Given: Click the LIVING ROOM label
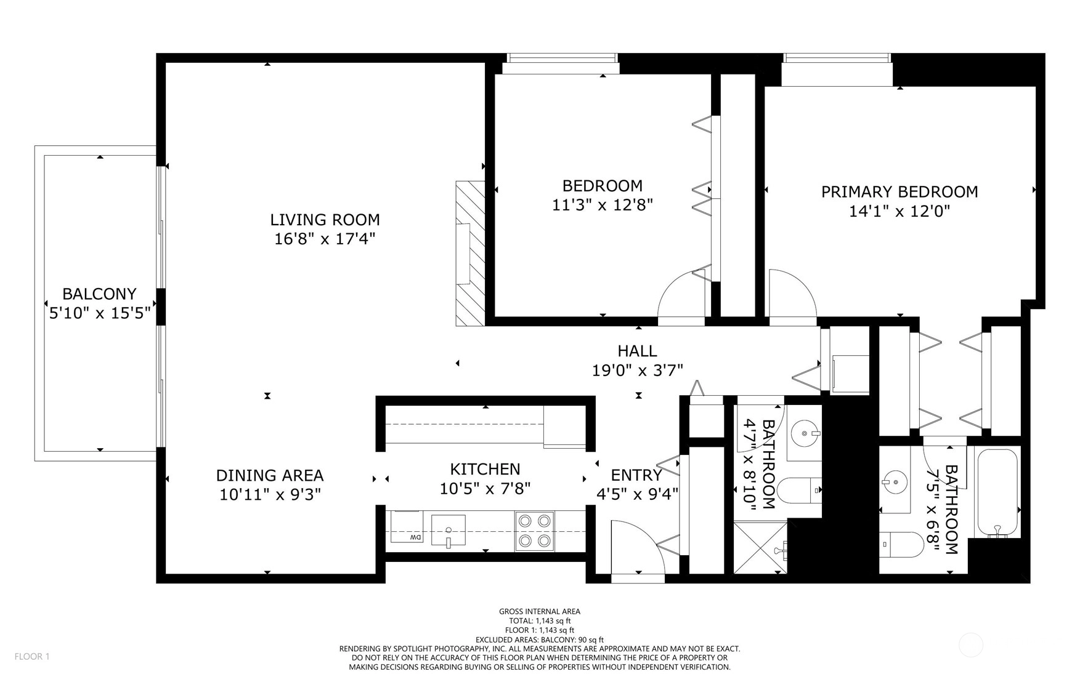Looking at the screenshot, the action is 325,220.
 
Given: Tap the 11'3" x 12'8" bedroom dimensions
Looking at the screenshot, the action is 602,204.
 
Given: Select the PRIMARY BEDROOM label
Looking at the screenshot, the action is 899,192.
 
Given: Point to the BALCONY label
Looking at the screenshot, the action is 99,294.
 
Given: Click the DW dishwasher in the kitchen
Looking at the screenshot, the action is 407,527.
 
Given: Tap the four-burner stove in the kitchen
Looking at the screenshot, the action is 534,531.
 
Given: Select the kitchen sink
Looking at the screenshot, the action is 449,531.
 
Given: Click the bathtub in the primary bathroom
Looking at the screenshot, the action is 997,493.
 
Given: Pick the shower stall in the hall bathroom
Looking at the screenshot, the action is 760,548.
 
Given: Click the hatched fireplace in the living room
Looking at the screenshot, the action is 470,253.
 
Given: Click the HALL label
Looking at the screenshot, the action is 637,351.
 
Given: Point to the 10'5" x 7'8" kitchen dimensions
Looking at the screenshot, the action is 485,489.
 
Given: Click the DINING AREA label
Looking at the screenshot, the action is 269,475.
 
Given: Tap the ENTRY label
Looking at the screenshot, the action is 636,475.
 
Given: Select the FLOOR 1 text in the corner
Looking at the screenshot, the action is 32,656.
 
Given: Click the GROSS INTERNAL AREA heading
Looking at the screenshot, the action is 540,611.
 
